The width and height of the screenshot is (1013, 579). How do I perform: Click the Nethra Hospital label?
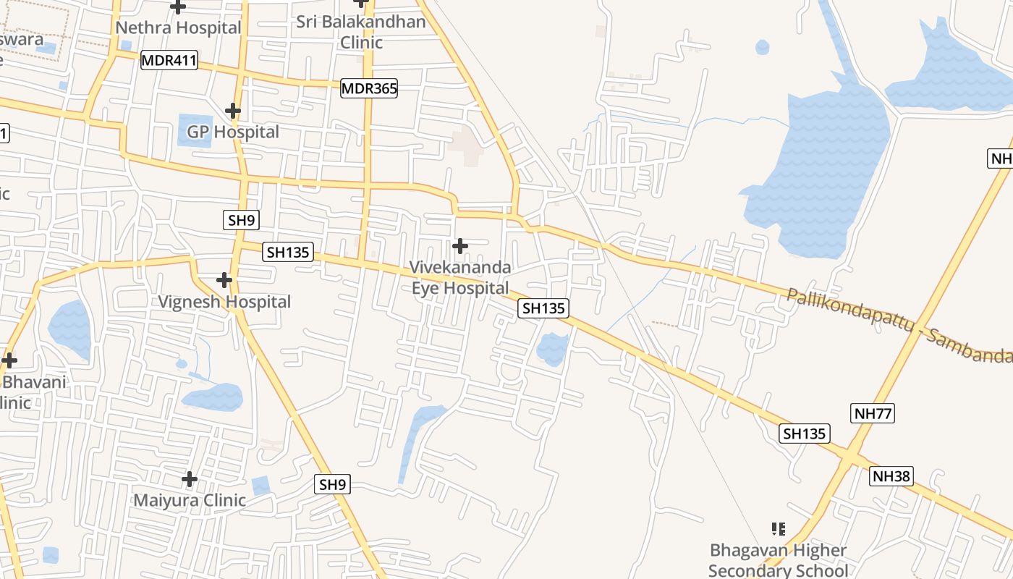click(x=178, y=28)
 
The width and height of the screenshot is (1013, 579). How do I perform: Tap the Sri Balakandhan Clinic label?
click(x=361, y=32)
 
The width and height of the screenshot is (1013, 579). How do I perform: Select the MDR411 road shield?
click(x=169, y=60)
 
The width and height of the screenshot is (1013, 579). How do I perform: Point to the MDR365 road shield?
click(x=369, y=88)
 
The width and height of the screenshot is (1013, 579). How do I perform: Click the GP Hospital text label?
click(x=232, y=132)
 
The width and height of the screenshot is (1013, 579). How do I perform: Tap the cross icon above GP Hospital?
click(x=232, y=111)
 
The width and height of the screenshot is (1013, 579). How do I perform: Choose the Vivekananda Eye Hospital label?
click(x=460, y=278)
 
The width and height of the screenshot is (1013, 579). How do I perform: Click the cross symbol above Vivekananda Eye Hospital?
click(x=459, y=246)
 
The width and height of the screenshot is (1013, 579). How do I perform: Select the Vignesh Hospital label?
click(x=225, y=302)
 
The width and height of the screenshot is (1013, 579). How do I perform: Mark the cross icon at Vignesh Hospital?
click(x=224, y=280)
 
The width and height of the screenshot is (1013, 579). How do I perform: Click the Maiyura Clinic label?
click(x=190, y=500)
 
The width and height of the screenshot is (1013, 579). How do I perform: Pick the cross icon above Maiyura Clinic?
click(x=190, y=479)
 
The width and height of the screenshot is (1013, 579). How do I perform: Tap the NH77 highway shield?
click(x=872, y=414)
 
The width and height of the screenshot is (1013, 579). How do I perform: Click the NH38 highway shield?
click(x=891, y=476)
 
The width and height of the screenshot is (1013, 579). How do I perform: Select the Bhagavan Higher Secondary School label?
click(x=778, y=560)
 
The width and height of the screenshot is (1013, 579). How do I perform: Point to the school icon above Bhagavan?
click(x=779, y=529)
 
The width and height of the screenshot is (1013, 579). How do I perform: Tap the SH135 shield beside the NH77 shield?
click(x=805, y=434)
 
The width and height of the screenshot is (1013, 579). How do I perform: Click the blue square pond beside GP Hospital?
click(x=195, y=130)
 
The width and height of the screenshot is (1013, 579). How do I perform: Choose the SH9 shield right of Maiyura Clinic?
click(x=333, y=485)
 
